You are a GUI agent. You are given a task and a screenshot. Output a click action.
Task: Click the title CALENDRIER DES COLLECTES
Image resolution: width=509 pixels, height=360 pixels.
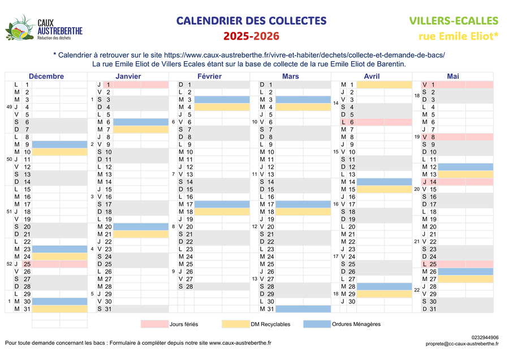click(x=251, y=21)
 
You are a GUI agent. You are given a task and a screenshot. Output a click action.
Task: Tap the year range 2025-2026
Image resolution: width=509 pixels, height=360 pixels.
click(x=251, y=37)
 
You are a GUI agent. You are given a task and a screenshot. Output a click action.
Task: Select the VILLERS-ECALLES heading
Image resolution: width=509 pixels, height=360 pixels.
click(x=454, y=21)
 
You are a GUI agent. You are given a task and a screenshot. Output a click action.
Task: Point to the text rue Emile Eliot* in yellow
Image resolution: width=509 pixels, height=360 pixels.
click(x=459, y=37)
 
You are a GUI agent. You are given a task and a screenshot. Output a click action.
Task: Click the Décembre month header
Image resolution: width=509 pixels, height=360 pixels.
click(x=46, y=76)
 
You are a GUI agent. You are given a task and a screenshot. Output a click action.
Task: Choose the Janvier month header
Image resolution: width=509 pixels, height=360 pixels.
click(x=128, y=76)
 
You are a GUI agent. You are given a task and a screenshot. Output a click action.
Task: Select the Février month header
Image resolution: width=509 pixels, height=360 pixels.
click(x=209, y=76)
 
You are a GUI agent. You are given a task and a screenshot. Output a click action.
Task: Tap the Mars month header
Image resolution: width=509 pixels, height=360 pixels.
click(x=291, y=76)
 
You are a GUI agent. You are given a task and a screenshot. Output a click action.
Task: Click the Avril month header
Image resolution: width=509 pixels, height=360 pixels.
click(x=372, y=76)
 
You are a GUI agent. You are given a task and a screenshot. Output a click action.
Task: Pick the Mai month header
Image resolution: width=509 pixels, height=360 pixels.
click(x=453, y=76)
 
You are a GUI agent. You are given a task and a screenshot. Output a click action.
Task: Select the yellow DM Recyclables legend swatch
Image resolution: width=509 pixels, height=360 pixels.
click(x=235, y=324)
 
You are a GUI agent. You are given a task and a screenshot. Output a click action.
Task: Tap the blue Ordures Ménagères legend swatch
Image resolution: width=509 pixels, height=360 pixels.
click(x=316, y=324)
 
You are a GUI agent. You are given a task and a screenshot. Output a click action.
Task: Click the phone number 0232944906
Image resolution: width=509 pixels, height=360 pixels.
click(x=485, y=337)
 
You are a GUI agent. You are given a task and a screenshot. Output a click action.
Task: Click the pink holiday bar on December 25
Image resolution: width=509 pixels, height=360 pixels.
click(x=59, y=264)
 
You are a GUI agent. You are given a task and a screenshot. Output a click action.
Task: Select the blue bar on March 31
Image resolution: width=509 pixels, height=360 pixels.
click(x=303, y=309)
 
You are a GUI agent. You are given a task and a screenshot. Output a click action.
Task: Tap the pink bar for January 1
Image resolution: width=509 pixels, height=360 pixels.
click(x=141, y=84)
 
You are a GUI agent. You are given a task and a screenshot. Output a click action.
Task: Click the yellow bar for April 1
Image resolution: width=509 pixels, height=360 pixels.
click(x=385, y=84)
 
